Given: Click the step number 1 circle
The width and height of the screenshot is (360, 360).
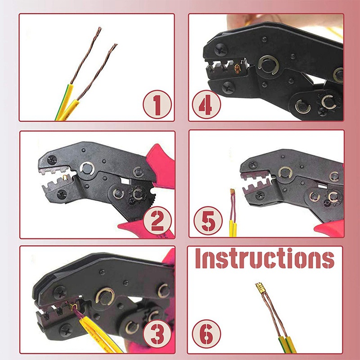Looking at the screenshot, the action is pos(157,105).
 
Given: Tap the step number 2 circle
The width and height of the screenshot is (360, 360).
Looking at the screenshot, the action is pos(157,220).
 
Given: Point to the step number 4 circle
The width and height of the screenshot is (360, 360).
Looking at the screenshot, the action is pos(206,104).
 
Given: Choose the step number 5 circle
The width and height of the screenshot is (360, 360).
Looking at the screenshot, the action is pos(208,220).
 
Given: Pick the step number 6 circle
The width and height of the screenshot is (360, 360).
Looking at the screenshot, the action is pos(206,334).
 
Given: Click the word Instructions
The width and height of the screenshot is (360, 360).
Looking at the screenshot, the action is pos(265,258).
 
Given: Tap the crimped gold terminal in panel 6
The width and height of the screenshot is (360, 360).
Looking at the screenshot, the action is pos(260,288).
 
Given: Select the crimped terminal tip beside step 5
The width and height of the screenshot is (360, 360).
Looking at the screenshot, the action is pos(233,192).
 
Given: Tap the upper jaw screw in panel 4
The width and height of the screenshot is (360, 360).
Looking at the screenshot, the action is pos(221,50).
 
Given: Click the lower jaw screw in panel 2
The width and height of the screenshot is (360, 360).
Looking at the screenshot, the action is pos(62,194).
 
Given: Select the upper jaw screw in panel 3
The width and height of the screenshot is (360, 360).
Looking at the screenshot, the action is pos(60,292).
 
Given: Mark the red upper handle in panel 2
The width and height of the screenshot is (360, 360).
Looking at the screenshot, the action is pos(161,165).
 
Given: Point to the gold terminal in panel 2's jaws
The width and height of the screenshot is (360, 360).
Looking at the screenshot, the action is pos(65,177).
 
